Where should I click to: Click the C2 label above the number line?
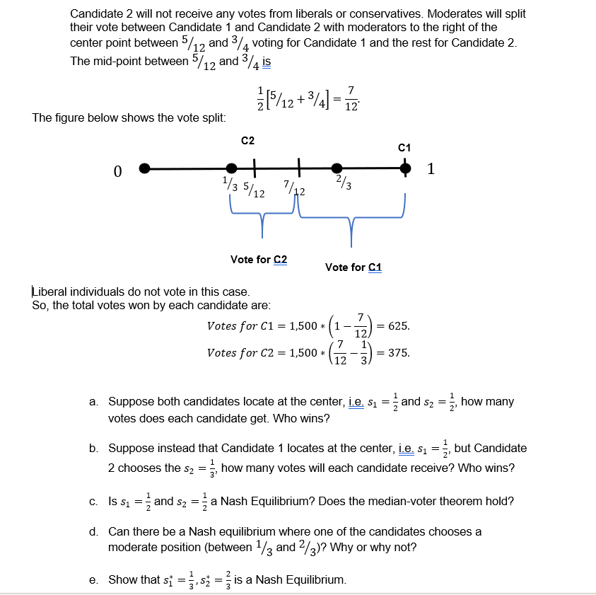247,140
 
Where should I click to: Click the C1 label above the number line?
404,148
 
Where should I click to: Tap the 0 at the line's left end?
117,171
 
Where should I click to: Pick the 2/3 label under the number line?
344,185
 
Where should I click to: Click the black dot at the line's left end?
144,168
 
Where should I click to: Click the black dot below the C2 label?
231,168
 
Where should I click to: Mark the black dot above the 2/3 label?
337,168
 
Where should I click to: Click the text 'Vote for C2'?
259,260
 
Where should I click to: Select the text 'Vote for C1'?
353,267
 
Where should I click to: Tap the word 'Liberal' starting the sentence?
49,291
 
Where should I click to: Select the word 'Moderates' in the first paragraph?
404,14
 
